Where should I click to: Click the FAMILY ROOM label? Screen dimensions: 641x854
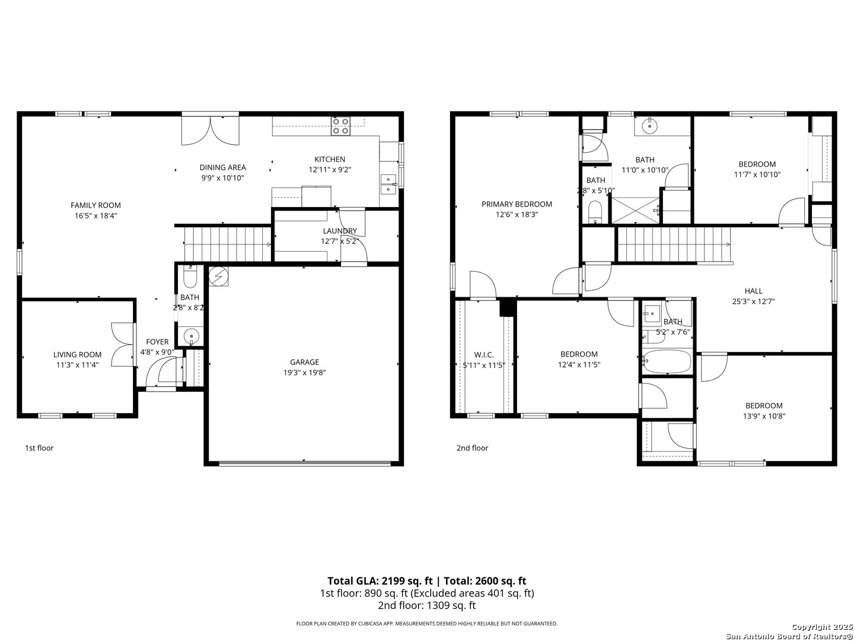(95, 205)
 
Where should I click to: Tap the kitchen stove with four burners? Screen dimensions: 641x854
(340, 126)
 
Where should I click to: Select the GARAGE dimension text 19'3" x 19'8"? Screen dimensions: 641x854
(304, 373)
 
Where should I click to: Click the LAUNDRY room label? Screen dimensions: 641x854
(340, 231)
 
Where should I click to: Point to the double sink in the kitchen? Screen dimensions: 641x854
(388, 184)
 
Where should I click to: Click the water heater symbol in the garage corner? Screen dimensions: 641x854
(219, 276)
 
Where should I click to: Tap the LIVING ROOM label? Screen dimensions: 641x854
(77, 355)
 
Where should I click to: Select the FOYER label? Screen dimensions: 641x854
(157, 342)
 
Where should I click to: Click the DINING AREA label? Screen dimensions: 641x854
(222, 167)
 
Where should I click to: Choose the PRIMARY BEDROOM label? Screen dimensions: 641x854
(517, 204)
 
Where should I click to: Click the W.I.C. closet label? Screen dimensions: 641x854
(484, 355)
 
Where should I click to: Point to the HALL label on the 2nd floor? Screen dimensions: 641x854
(753, 291)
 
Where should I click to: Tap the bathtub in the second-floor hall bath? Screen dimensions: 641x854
(667, 361)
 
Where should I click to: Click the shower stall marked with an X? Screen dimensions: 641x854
(635, 210)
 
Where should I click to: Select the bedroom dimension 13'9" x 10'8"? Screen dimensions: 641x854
(763, 416)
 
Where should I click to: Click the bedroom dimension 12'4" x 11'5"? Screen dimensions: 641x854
(579, 365)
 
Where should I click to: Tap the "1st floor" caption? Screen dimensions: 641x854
(39, 448)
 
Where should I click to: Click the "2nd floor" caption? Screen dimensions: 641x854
(472, 448)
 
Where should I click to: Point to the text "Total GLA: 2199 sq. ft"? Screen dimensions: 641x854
(379, 581)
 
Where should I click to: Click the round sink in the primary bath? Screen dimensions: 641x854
(650, 125)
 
